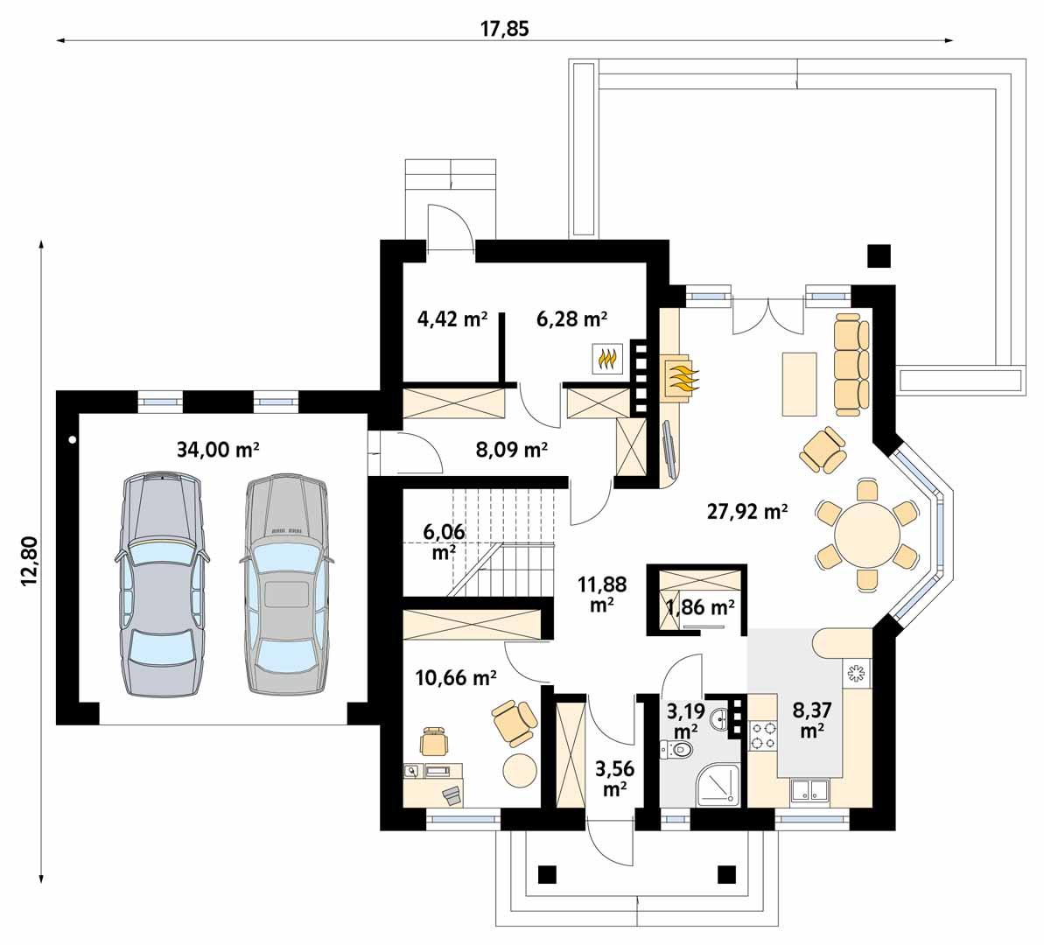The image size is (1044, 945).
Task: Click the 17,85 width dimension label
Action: click(x=505, y=28)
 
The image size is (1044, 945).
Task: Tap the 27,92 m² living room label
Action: click(x=746, y=512)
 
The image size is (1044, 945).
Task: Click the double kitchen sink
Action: click(x=809, y=790)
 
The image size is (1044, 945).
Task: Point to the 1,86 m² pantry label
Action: click(x=700, y=605)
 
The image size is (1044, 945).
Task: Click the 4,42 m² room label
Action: click(x=452, y=318)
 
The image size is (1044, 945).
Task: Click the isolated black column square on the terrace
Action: click(x=878, y=255)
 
